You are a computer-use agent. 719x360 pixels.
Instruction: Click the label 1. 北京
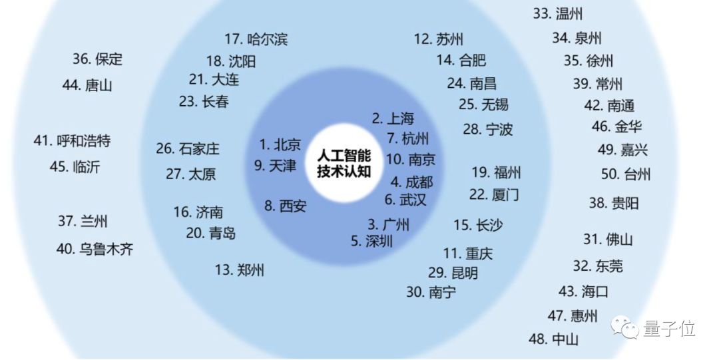280,144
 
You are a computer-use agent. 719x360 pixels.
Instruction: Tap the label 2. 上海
393,118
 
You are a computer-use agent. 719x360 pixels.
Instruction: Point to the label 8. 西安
285,206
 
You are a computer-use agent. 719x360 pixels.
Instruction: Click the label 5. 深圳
371,241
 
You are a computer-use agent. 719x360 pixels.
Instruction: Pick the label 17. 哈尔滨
256,39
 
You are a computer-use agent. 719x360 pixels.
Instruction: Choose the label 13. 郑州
239,270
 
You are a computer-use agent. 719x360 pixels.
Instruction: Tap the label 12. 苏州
438,39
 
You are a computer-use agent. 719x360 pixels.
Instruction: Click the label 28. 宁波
488,129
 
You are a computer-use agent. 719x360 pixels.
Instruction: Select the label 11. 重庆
468,254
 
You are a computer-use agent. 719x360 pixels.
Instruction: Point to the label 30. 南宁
431,291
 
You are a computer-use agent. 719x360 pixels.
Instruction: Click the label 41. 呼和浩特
72,141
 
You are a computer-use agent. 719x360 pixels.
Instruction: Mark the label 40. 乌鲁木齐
95,250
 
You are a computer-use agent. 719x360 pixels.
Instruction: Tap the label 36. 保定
97,59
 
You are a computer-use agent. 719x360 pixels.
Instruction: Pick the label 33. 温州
558,13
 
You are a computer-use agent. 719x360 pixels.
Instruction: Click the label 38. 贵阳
613,203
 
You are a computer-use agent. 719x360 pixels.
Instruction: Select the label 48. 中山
553,339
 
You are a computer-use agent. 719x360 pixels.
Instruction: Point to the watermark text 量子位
670,328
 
